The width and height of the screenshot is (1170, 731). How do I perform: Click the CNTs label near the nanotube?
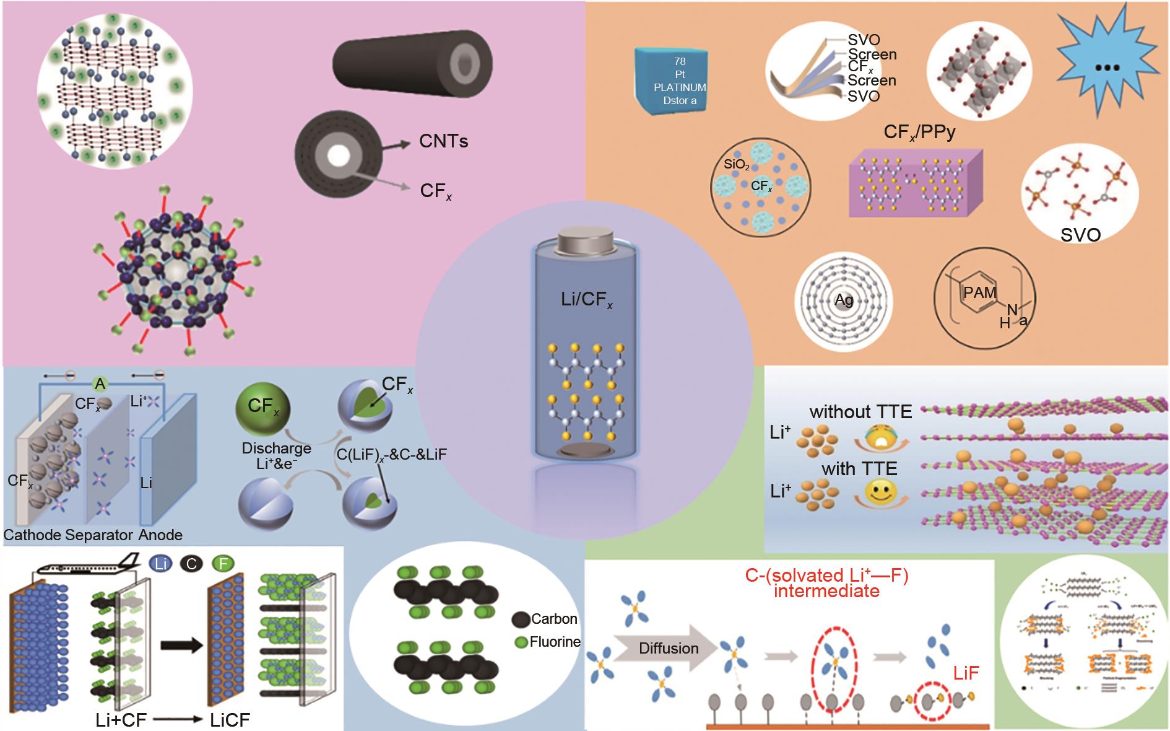click(443, 141)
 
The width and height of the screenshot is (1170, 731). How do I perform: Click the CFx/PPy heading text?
click(919, 131)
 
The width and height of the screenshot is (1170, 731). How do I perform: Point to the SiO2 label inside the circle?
click(737, 165)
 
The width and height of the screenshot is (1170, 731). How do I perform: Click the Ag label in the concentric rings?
click(844, 300)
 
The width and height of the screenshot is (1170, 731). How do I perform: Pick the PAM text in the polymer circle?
click(979, 292)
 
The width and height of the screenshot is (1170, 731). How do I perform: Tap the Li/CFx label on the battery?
click(586, 300)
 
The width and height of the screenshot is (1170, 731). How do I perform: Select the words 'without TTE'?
click(860, 411)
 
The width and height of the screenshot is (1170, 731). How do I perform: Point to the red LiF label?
click(966, 673)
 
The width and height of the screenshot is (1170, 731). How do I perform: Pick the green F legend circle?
click(223, 564)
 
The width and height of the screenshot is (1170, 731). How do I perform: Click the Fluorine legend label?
click(555, 642)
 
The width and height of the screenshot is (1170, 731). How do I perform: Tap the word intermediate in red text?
click(826, 590)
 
